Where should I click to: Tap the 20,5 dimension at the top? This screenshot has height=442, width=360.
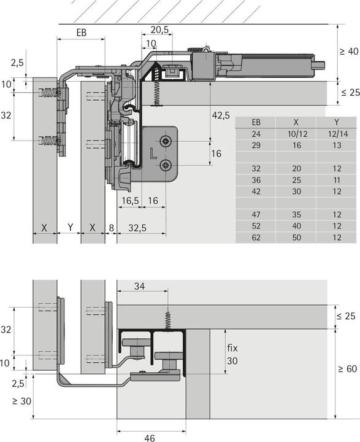click(x=159, y=30)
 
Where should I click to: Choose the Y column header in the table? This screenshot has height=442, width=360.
click(x=337, y=122)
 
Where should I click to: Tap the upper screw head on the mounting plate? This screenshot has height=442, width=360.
click(x=166, y=142)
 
